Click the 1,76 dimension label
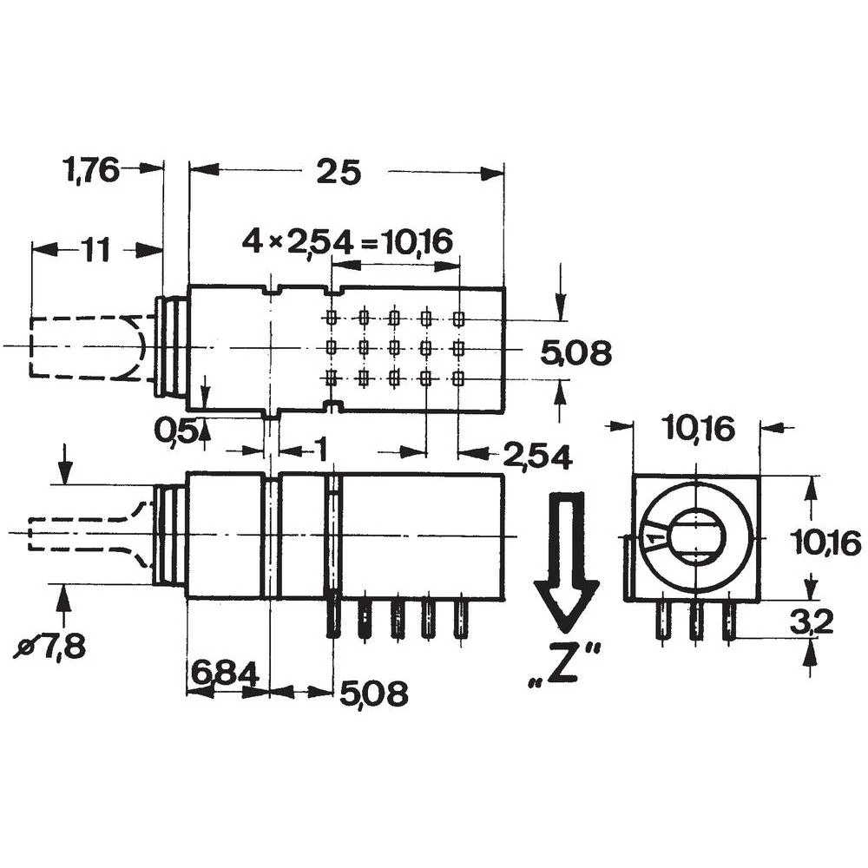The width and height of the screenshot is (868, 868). (90, 169)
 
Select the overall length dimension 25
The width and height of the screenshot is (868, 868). (338, 173)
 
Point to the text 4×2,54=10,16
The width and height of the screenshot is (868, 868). (347, 241)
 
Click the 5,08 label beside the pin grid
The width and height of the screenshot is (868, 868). (575, 353)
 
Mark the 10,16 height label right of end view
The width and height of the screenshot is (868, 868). (825, 542)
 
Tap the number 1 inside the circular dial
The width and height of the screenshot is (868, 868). (655, 542)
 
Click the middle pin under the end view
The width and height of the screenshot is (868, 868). (695, 621)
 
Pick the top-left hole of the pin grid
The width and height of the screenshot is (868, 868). (331, 318)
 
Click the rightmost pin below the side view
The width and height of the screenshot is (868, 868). (459, 618)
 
